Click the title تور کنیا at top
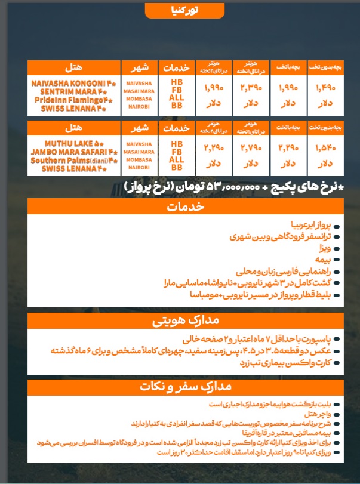pyautogui.click(x=180, y=10)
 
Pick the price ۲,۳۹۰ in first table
pyautogui.click(x=251, y=88)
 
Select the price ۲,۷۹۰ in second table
pyautogui.click(x=251, y=149)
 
